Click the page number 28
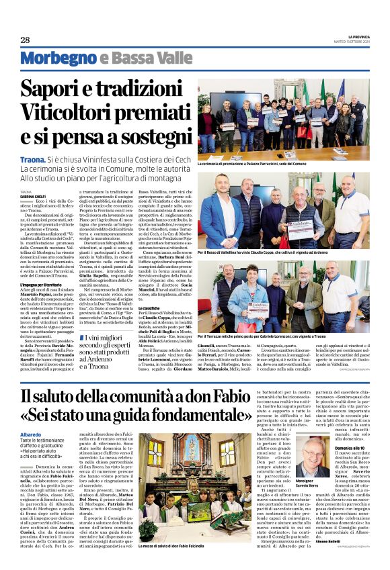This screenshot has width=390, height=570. click(25, 40)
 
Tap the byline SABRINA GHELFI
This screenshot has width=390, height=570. click(34, 196)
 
